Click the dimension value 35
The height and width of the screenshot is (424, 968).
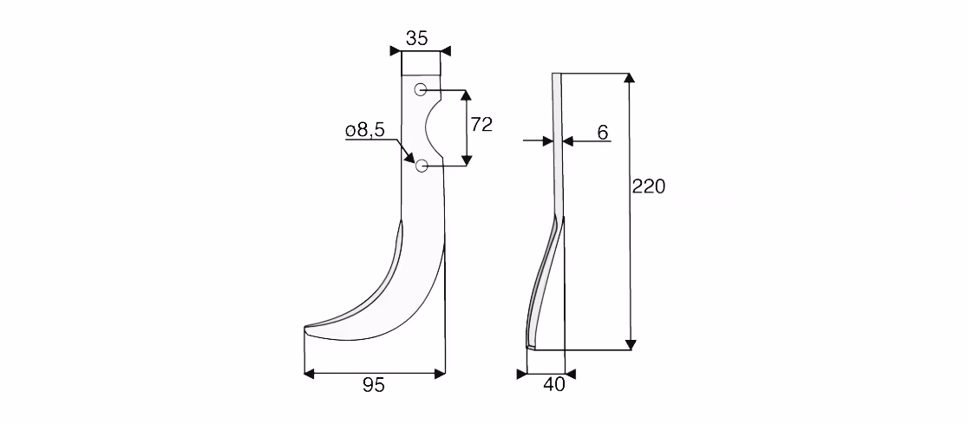point(416,38)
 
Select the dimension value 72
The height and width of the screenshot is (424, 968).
point(481,124)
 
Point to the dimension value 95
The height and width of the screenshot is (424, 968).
point(374,385)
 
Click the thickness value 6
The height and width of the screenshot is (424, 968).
point(603,132)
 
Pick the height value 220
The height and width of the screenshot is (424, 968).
point(648,186)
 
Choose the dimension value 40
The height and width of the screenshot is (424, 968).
point(553,384)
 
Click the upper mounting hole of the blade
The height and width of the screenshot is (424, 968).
point(421,89)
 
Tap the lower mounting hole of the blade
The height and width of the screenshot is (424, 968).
point(422,166)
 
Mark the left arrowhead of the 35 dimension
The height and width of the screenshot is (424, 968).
point(396,50)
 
